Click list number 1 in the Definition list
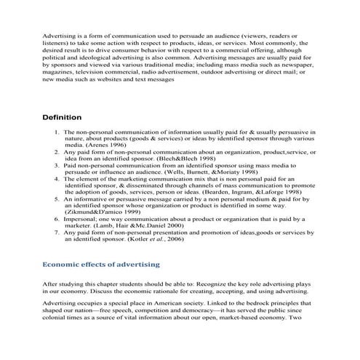click(56, 132)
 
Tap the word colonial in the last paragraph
click(57, 317)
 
